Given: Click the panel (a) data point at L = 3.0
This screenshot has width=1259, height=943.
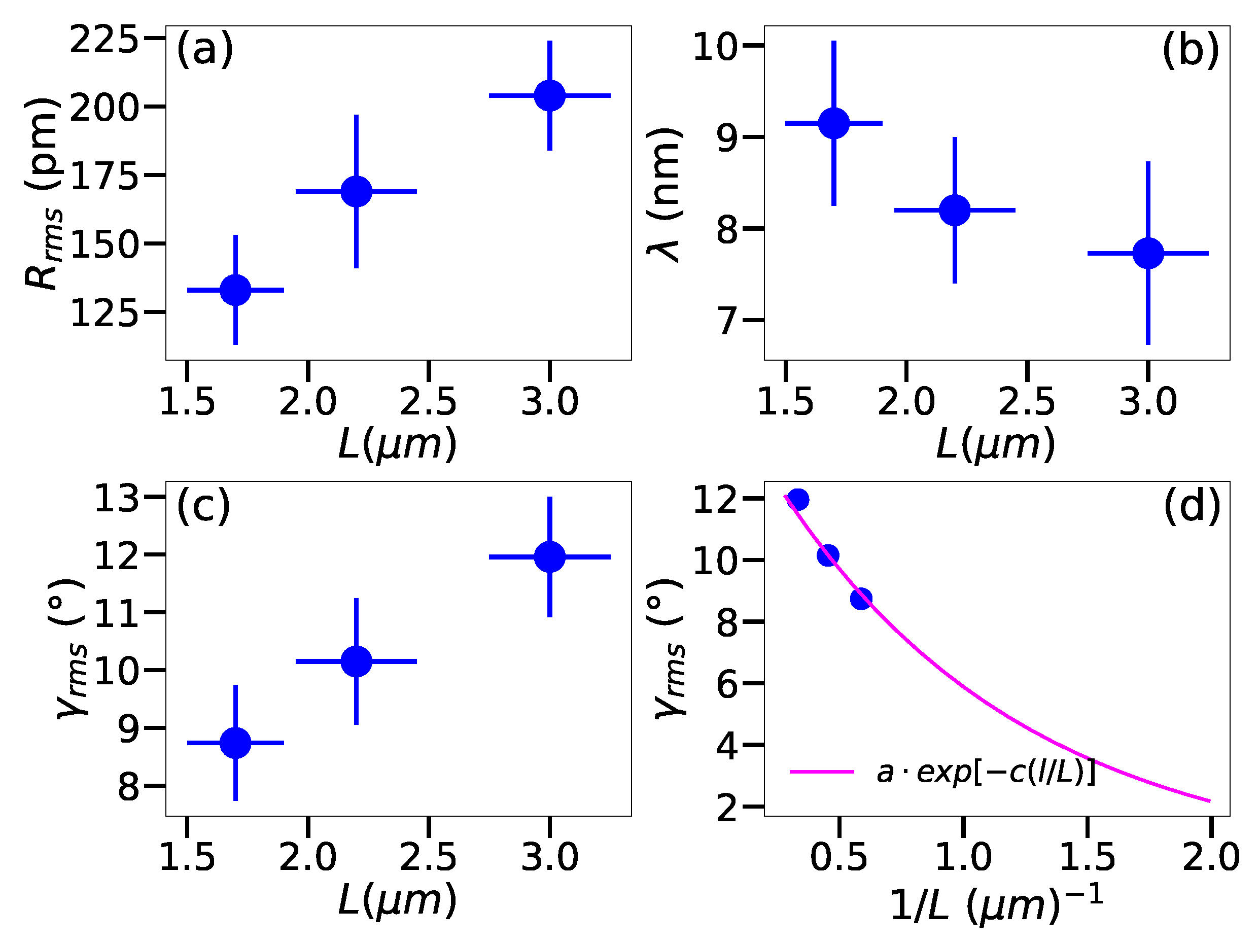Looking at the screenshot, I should coord(549,95).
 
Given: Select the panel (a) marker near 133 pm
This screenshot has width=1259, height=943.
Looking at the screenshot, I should coord(235,290).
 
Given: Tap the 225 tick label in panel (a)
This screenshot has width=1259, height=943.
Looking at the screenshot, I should coord(104,41).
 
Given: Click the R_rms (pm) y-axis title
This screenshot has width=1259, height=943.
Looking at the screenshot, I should coord(43,193).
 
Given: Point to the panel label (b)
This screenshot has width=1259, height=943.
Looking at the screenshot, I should coord(1190,50).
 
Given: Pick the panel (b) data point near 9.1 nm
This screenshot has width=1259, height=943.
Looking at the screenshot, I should coord(834,123).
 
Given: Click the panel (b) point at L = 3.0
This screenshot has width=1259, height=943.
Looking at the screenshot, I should coord(1148,253).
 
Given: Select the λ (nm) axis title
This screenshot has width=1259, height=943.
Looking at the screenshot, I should coord(665,195).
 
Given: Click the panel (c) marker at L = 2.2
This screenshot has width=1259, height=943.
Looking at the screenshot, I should coord(356,661).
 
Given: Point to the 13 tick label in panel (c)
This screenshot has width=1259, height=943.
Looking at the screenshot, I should coord(116,499).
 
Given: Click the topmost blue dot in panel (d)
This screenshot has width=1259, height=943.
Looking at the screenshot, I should coord(798,500).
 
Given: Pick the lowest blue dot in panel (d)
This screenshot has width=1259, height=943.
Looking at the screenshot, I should coord(861,599).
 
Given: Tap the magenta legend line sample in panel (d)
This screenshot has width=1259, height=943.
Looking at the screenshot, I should coord(822,772).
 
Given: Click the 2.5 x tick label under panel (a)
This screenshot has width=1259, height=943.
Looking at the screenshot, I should coord(428,402).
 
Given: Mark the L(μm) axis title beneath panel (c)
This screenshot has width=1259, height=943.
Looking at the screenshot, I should coord(397,901).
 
